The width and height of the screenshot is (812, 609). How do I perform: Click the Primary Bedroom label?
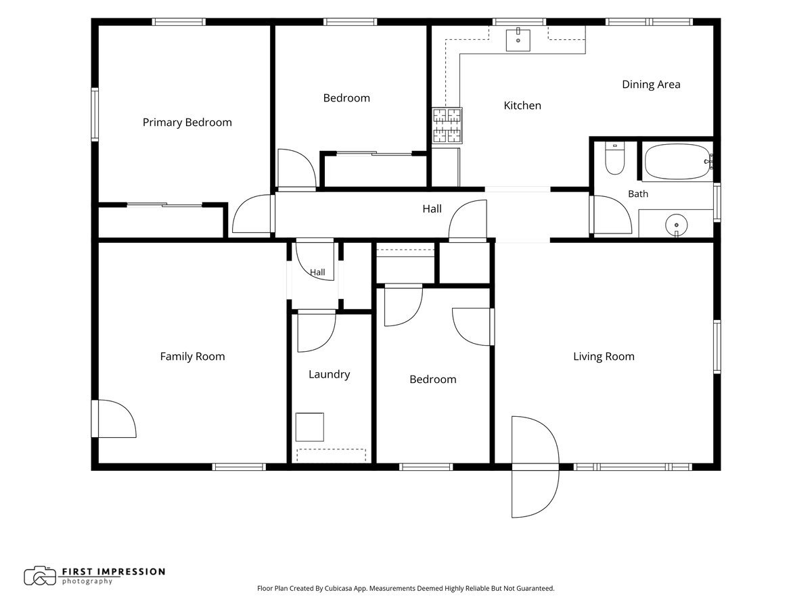[187, 122]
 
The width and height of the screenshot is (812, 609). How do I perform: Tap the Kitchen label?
[522, 106]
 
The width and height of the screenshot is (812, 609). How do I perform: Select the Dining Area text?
[651, 85]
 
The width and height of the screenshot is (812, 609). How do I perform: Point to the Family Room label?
[192, 357]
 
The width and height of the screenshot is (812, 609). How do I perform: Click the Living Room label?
[604, 357]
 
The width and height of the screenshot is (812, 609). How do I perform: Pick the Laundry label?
[330, 375]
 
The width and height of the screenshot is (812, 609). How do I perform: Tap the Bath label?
[638, 194]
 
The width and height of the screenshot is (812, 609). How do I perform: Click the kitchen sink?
[518, 39]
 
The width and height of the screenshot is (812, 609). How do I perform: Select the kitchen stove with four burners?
[447, 125]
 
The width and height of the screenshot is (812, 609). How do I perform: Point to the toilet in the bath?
[614, 158]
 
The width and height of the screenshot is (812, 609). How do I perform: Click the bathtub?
[677, 162]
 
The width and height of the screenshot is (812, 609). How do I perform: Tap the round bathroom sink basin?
[676, 225]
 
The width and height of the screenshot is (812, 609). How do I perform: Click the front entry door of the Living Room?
[535, 467]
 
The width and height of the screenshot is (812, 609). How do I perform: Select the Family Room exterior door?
[114, 419]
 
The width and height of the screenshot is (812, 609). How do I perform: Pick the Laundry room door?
[316, 331]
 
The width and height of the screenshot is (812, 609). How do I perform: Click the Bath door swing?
[610, 215]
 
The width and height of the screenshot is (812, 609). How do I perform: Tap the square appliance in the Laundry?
[310, 427]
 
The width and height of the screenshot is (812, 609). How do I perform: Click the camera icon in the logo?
[39, 576]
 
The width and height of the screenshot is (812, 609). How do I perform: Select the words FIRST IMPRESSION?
[114, 572]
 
